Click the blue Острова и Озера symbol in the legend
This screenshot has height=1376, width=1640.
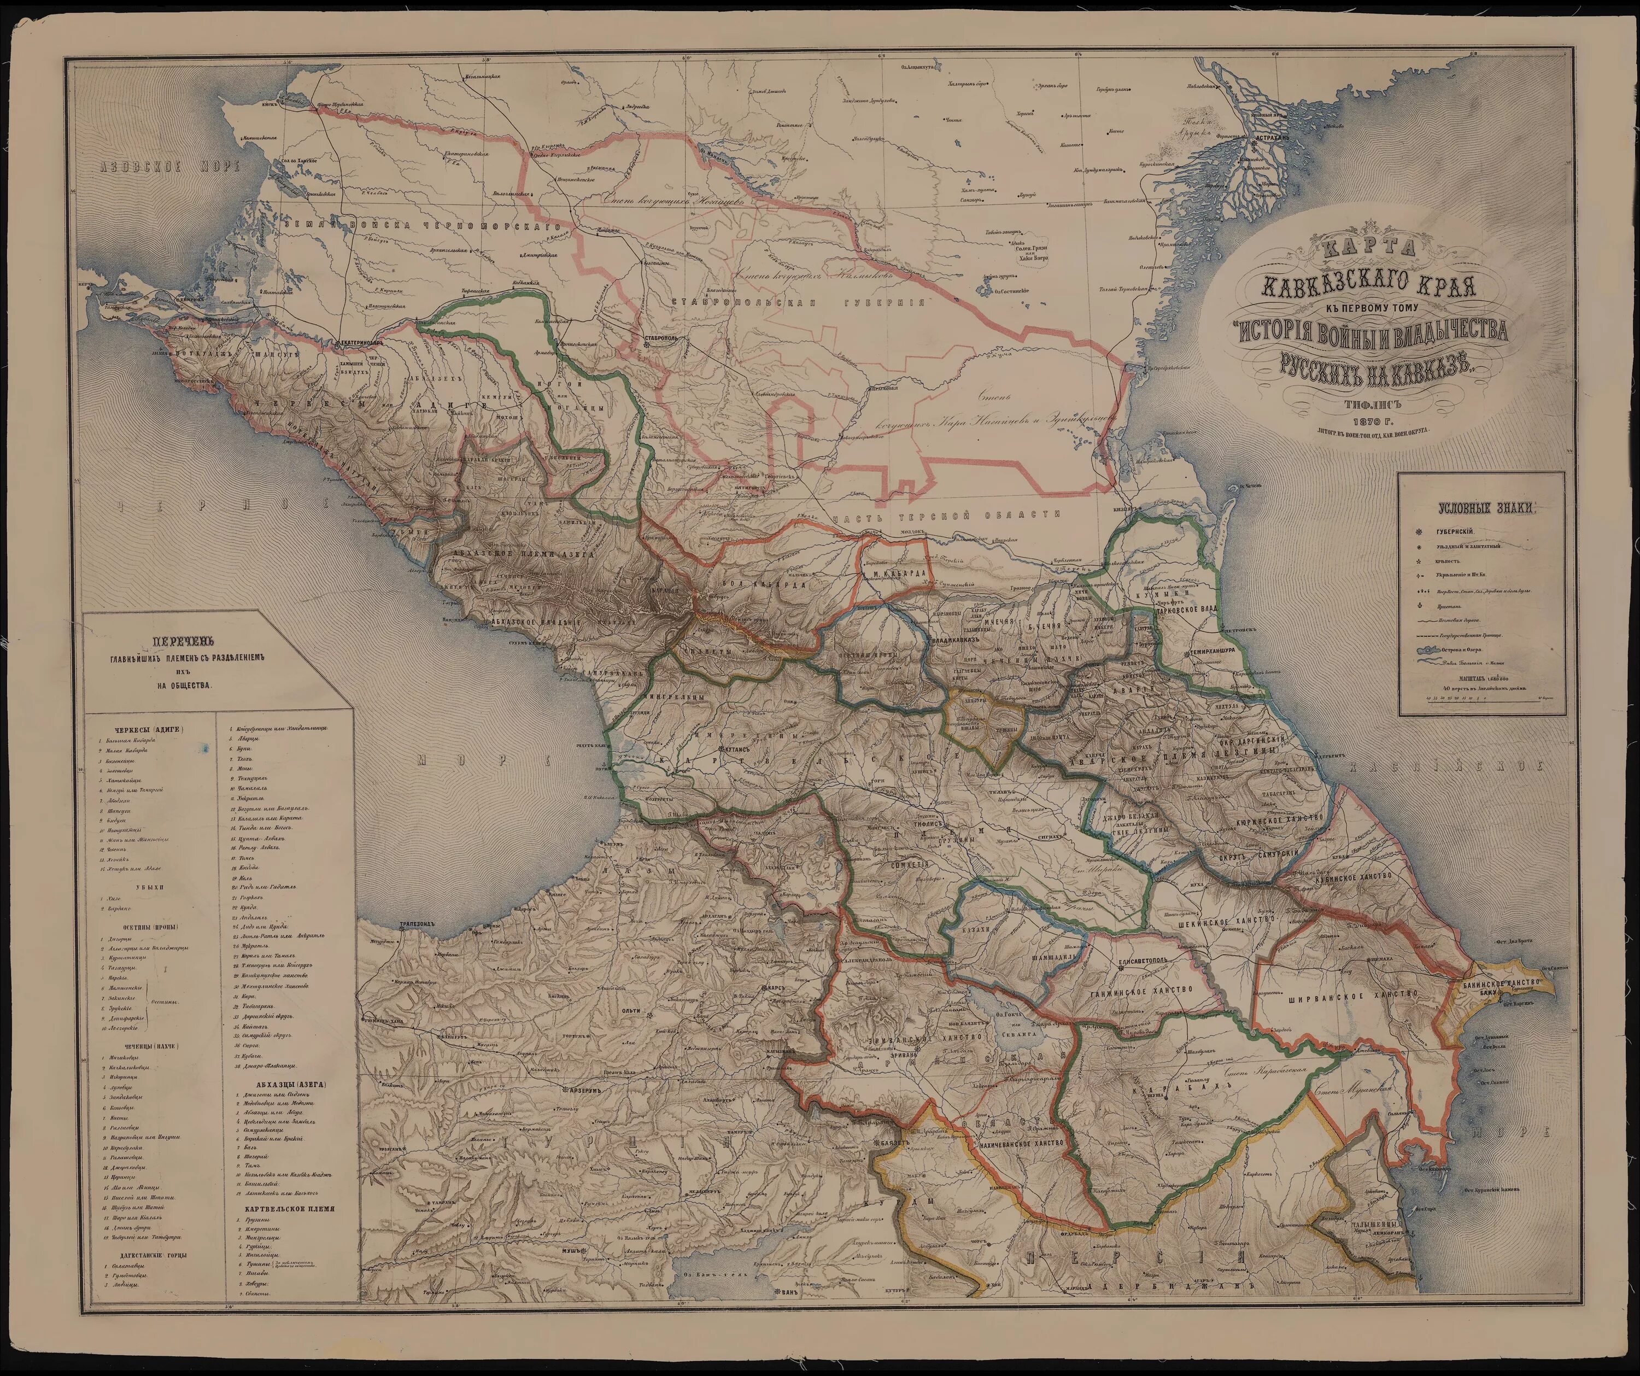(x=1429, y=651)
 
